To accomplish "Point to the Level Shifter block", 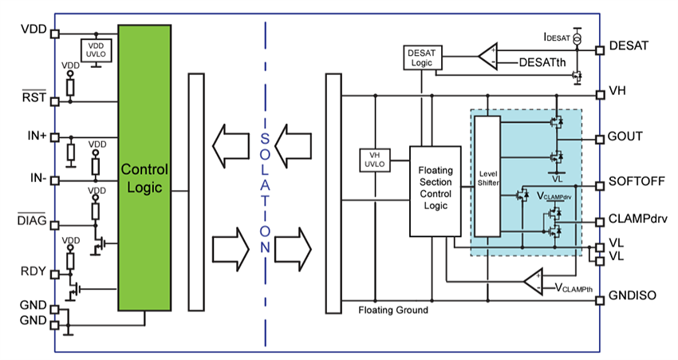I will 487,177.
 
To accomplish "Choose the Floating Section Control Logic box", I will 435,192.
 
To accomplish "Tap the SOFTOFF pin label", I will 637,181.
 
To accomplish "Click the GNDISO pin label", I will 633,295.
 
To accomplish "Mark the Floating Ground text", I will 393,310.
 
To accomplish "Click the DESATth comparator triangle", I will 487,57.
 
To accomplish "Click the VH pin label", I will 617,91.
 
